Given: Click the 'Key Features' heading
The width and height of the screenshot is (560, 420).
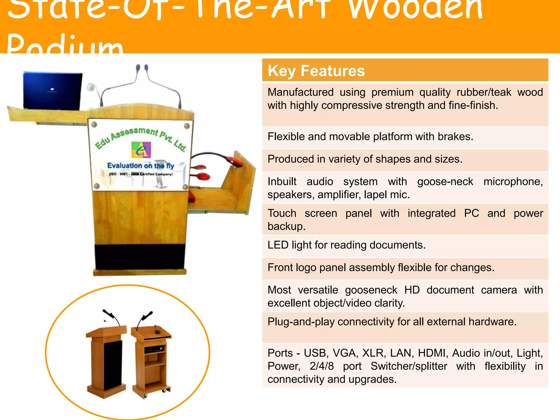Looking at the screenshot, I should pyautogui.click(x=316, y=71).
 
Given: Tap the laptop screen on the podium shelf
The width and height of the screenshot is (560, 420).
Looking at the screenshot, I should pyautogui.click(x=52, y=91).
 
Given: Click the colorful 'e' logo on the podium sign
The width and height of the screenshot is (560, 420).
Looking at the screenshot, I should pyautogui.click(x=141, y=150).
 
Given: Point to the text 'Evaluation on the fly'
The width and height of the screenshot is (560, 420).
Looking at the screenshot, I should pyautogui.click(x=141, y=166).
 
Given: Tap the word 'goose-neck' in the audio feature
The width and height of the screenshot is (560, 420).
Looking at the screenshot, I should pyautogui.click(x=445, y=182).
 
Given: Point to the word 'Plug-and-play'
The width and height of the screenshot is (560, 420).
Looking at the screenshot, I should pyautogui.click(x=301, y=322).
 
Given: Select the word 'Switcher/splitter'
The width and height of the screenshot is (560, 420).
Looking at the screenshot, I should pyautogui.click(x=409, y=366).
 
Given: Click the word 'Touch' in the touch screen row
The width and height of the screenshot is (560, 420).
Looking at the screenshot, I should pyautogui.click(x=282, y=213).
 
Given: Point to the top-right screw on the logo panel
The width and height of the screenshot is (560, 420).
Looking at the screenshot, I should pyautogui.click(x=187, y=126).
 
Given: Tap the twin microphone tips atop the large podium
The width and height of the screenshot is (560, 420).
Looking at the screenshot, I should pyautogui.click(x=142, y=67).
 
